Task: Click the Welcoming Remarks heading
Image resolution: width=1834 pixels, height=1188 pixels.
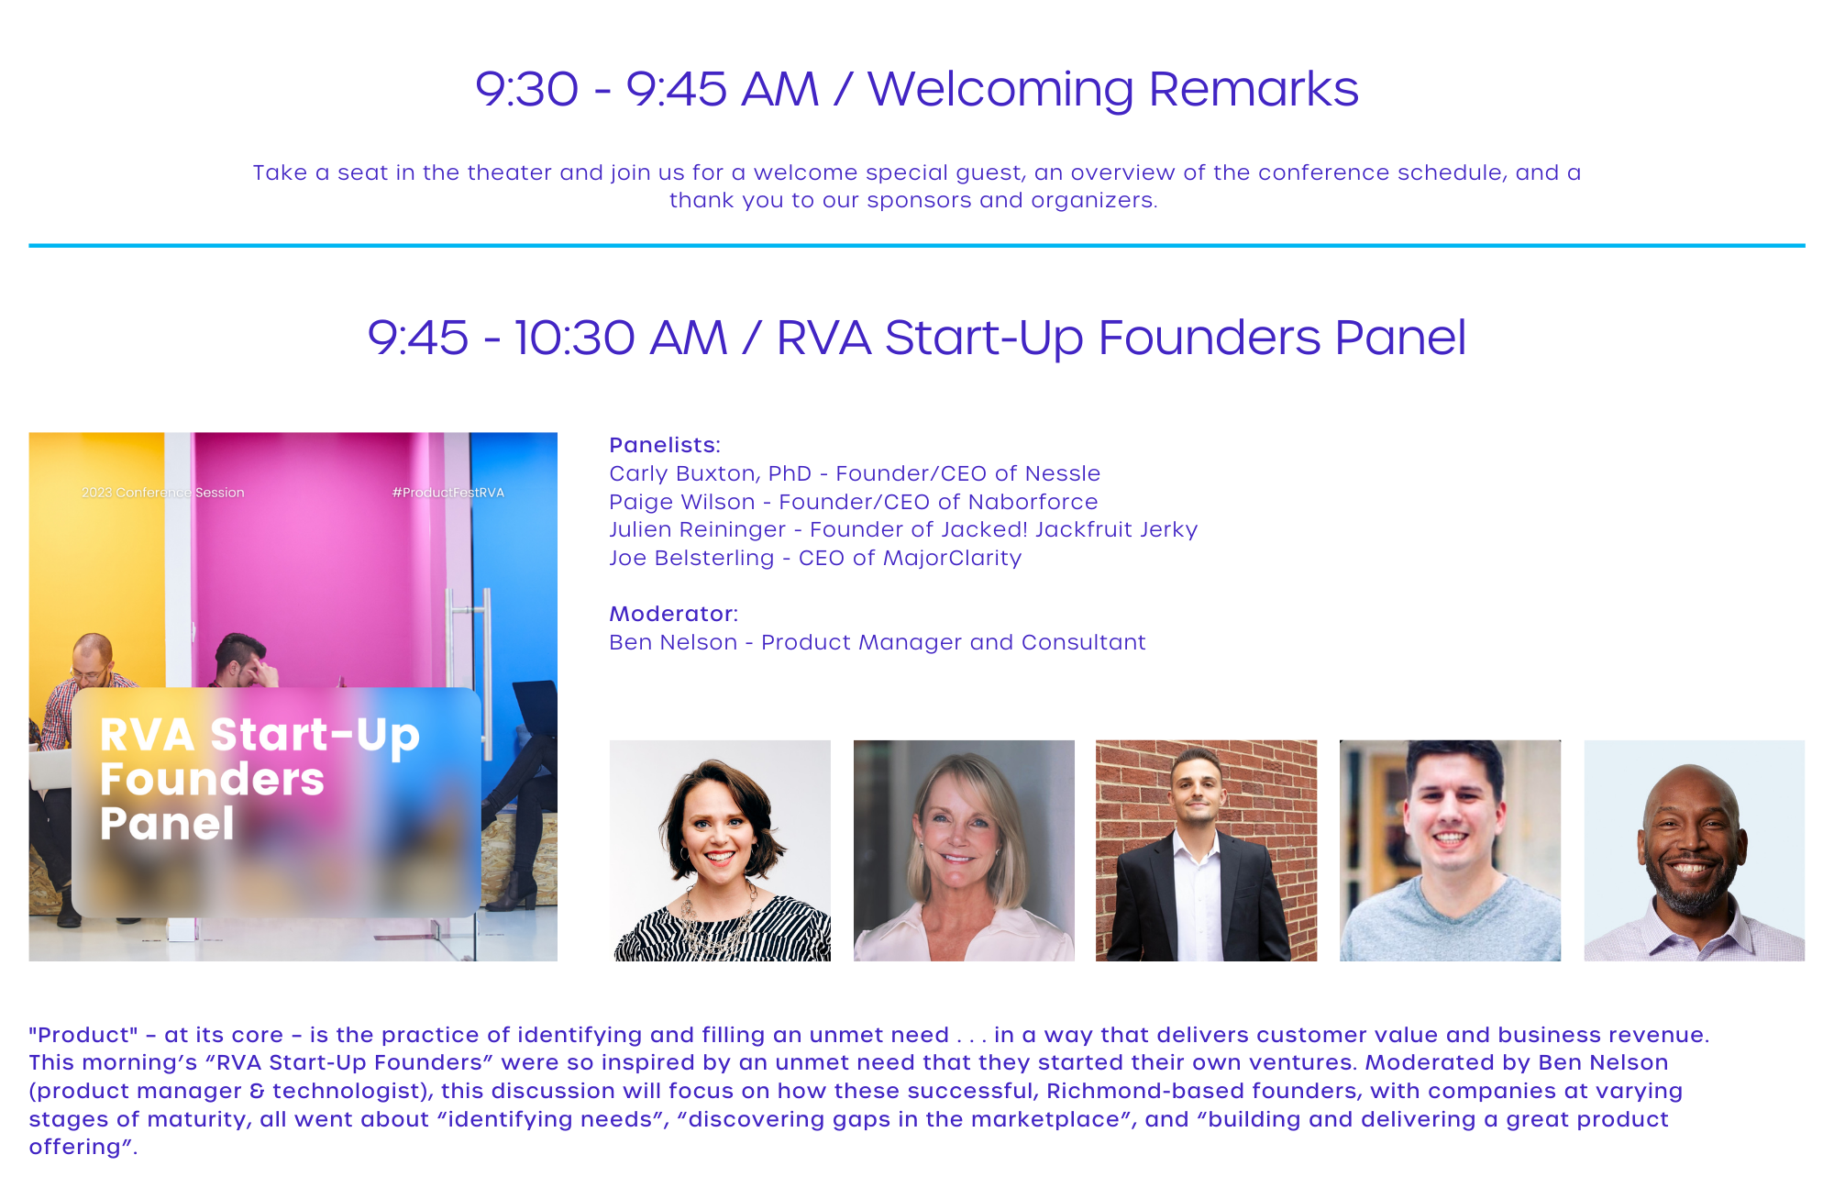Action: click(x=917, y=89)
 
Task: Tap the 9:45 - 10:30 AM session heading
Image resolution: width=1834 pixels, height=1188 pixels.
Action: click(x=917, y=338)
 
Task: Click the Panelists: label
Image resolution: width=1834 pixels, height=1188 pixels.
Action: click(x=665, y=445)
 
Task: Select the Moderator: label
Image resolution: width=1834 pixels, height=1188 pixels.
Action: click(x=674, y=614)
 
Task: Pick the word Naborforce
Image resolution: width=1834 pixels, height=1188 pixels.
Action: click(x=1033, y=502)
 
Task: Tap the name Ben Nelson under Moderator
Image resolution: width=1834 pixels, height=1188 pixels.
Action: click(x=673, y=642)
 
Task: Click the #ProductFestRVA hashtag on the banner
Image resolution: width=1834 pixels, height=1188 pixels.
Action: click(x=448, y=493)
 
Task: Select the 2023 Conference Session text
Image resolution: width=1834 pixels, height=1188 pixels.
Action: click(x=163, y=493)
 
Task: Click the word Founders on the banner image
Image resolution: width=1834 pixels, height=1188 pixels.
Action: click(x=212, y=779)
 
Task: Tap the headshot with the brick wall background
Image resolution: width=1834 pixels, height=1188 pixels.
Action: click(x=1206, y=850)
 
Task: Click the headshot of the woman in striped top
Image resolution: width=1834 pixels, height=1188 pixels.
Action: click(x=720, y=850)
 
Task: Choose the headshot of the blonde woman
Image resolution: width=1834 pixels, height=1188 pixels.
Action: click(x=964, y=850)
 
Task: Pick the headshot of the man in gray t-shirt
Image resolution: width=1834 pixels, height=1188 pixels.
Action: click(x=1450, y=850)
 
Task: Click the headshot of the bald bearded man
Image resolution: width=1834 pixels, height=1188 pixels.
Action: click(x=1694, y=850)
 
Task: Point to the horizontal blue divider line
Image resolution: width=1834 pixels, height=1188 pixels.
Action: click(x=917, y=246)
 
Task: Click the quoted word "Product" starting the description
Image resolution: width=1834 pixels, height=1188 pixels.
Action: click(x=83, y=1035)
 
